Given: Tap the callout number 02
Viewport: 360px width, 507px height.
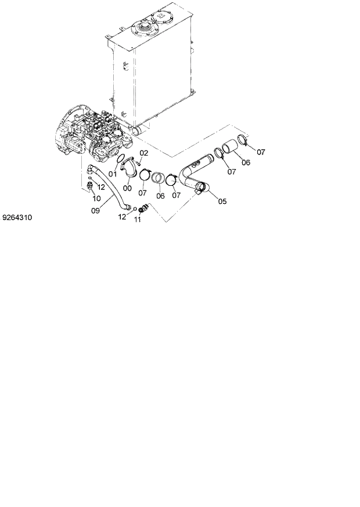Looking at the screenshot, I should point(144,153).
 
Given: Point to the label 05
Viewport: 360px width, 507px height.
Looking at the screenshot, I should point(222,201).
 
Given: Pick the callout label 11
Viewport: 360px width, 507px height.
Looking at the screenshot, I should point(138,219).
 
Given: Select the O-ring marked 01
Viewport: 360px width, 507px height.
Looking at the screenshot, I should point(119,160).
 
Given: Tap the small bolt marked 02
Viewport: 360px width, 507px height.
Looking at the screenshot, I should point(138,163).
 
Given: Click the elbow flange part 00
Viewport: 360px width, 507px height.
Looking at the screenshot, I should point(130,170).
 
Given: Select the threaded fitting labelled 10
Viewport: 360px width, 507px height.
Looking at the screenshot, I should point(90,186).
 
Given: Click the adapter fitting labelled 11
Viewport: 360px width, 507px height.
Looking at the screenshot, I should point(143,208).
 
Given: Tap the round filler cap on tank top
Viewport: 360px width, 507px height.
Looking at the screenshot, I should point(143,27).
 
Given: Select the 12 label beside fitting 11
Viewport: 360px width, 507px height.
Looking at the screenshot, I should point(123,217).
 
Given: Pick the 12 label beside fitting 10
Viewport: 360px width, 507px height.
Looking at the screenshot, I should point(100,187).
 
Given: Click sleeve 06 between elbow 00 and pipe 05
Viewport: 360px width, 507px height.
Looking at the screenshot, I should point(159,177).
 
